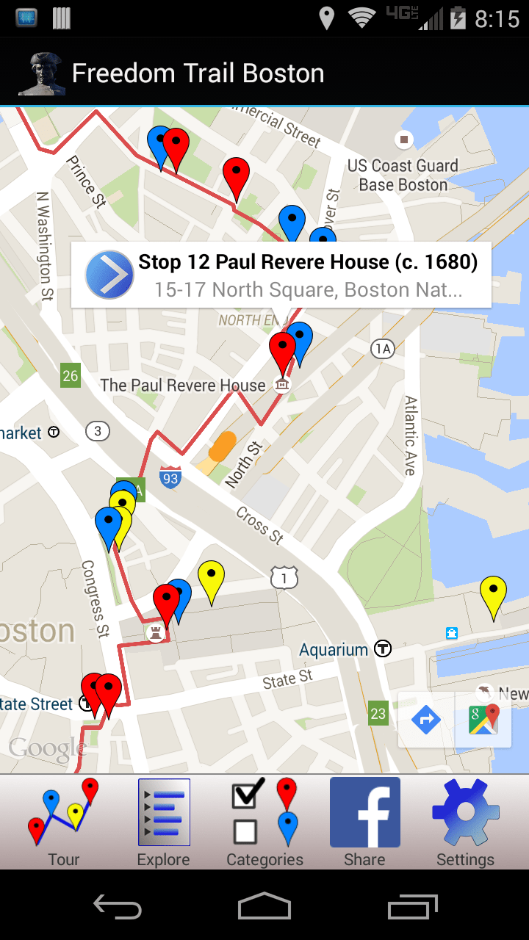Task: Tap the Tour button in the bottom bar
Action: pos(63,822)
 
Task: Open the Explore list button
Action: pos(164,822)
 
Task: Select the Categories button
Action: pos(264,822)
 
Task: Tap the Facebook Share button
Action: pos(365,822)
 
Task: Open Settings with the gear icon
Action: pos(466,822)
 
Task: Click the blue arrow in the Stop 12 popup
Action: pos(109,275)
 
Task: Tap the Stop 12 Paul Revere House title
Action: pos(308,262)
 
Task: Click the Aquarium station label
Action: pos(334,650)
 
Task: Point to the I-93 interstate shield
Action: pos(170,477)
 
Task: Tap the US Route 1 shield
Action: pos(284,577)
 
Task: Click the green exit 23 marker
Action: pos(378,712)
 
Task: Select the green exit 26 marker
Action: pos(70,376)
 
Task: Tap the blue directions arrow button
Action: pos(426,720)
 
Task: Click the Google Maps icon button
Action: pos(483,720)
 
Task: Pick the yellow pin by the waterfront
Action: pos(493,594)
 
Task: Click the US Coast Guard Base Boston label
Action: pos(403,176)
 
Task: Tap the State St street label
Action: pos(287,680)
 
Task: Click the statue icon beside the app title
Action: pos(42,74)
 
